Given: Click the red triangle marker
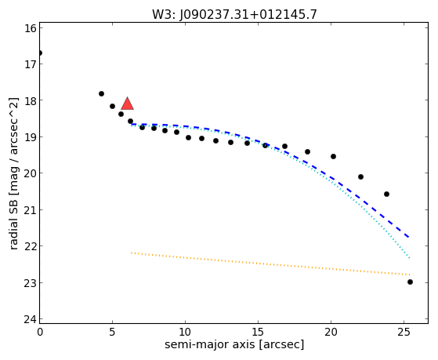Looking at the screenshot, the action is point(128,104).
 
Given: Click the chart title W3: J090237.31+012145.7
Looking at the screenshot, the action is point(234,14).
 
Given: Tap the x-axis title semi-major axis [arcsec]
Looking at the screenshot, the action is point(234,344).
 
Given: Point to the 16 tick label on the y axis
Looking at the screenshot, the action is point(30,28).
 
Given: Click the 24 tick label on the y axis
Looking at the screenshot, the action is point(30,319).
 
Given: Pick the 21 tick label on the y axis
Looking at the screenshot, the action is point(30,209).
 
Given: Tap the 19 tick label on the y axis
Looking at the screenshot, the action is point(30,137).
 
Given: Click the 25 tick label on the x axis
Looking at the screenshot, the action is point(404,333).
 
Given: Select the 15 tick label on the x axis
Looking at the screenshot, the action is point(258,333).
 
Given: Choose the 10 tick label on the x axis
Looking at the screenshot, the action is point(185,333).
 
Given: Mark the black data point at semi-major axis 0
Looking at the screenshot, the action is point(40,53).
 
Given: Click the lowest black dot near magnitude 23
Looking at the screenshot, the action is point(410,282).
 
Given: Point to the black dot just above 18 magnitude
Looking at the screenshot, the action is point(101,93).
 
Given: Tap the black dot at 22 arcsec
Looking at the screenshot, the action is point(360,176).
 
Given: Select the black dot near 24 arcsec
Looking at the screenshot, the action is point(386,195).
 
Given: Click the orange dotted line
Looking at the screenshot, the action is point(270,264).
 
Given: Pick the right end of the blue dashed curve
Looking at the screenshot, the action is point(409,237).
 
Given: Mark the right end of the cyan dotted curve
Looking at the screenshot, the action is point(410,258).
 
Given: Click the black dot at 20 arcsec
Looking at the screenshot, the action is point(333,156).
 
